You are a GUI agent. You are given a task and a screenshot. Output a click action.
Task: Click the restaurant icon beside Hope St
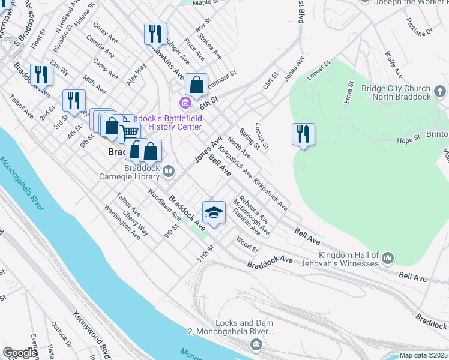tap(303, 134)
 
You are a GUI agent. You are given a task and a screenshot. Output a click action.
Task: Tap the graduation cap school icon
tap(214, 212)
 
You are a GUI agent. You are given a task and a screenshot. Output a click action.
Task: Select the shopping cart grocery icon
tap(130, 131)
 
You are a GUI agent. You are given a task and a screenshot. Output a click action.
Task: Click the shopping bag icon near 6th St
tap(196, 85)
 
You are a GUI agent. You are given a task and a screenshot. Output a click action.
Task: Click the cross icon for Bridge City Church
tap(441, 92)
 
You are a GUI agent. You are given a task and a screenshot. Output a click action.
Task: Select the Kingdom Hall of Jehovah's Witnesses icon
tap(388, 259)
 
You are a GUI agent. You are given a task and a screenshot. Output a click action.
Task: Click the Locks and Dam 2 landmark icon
tap(256, 344)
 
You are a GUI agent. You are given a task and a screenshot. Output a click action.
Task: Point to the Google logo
tap(20, 353)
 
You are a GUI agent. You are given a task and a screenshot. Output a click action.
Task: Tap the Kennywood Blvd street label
tap(91, 333)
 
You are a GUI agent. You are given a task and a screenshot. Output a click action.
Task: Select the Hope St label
tap(408, 139)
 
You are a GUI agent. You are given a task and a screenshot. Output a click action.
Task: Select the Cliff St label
tap(268, 82)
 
